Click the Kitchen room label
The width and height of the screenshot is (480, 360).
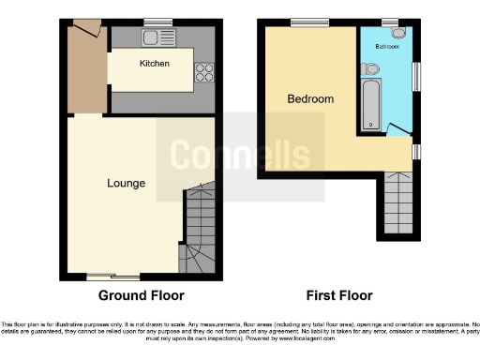click(154, 64)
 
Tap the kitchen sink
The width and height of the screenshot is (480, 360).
click(153, 37)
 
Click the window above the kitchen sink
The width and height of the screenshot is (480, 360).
click(158, 22)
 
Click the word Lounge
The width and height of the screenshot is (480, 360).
click(126, 183)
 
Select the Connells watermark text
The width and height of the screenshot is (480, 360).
click(239, 155)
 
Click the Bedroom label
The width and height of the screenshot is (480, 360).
click(310, 98)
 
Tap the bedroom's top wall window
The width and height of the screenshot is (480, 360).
click(303, 21)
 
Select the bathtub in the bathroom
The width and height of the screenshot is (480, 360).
click(373, 104)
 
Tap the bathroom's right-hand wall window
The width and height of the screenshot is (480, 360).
click(416, 76)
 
